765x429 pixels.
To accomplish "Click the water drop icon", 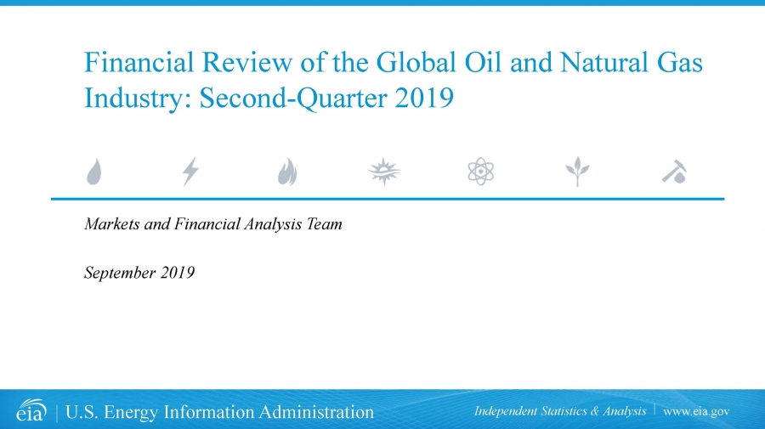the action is pos(94,172).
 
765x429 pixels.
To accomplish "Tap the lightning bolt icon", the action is pos(190,172).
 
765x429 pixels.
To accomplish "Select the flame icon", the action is pos(287,172).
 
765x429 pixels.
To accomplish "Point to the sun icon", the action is pos(384,172).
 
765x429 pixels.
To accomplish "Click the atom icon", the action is pos(480,171).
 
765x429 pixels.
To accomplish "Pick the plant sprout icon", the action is pos(577,172).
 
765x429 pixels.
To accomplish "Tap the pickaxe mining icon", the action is pos(675,172).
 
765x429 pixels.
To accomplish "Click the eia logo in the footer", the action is pos(31,410).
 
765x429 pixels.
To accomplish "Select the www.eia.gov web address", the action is pos(696,411).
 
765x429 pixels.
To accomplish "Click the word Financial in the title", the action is pos(139,62).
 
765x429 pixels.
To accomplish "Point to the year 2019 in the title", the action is pos(424,98).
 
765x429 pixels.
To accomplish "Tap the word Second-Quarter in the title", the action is pos(292,99).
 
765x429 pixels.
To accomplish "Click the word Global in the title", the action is pos(416,62).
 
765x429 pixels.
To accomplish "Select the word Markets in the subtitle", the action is pos(111,223).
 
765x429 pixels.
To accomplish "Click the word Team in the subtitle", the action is pos(324,223).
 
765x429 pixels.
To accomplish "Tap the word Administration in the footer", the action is pos(316,412).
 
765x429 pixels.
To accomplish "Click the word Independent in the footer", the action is pos(505,411).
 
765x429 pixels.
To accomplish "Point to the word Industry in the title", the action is pos(137,99).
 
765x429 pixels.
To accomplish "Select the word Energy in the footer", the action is pos(131,412).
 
